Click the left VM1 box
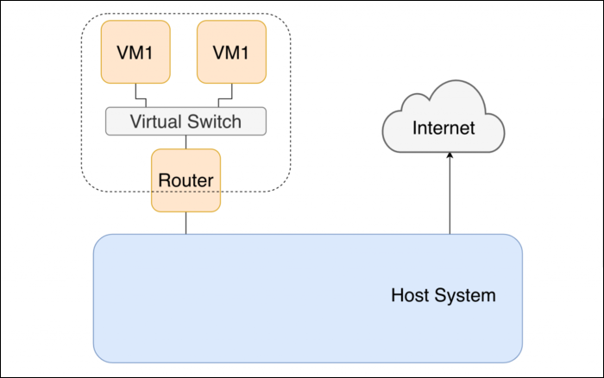tap(135, 52)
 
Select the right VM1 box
tap(231, 52)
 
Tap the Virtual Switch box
tap(186, 121)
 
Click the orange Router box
tap(186, 180)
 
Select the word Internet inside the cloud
tap(444, 129)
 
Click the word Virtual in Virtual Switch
tap(155, 121)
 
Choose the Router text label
tap(186, 181)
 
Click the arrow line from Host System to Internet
tap(449, 198)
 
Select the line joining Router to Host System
tap(186, 223)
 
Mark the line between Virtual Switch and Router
tap(186, 142)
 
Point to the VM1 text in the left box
tap(135, 52)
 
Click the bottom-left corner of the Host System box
tap(98, 357)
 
